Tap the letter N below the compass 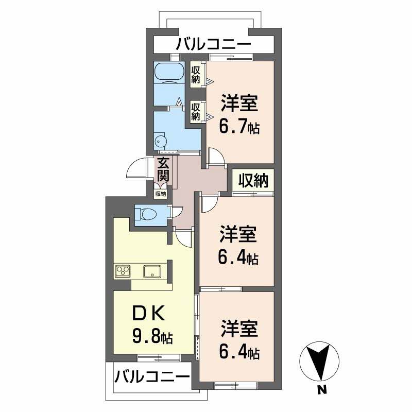[321, 390]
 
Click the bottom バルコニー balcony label [149, 376]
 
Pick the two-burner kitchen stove [124, 271]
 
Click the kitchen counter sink [153, 271]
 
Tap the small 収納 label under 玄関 [161, 194]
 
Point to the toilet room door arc [178, 211]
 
